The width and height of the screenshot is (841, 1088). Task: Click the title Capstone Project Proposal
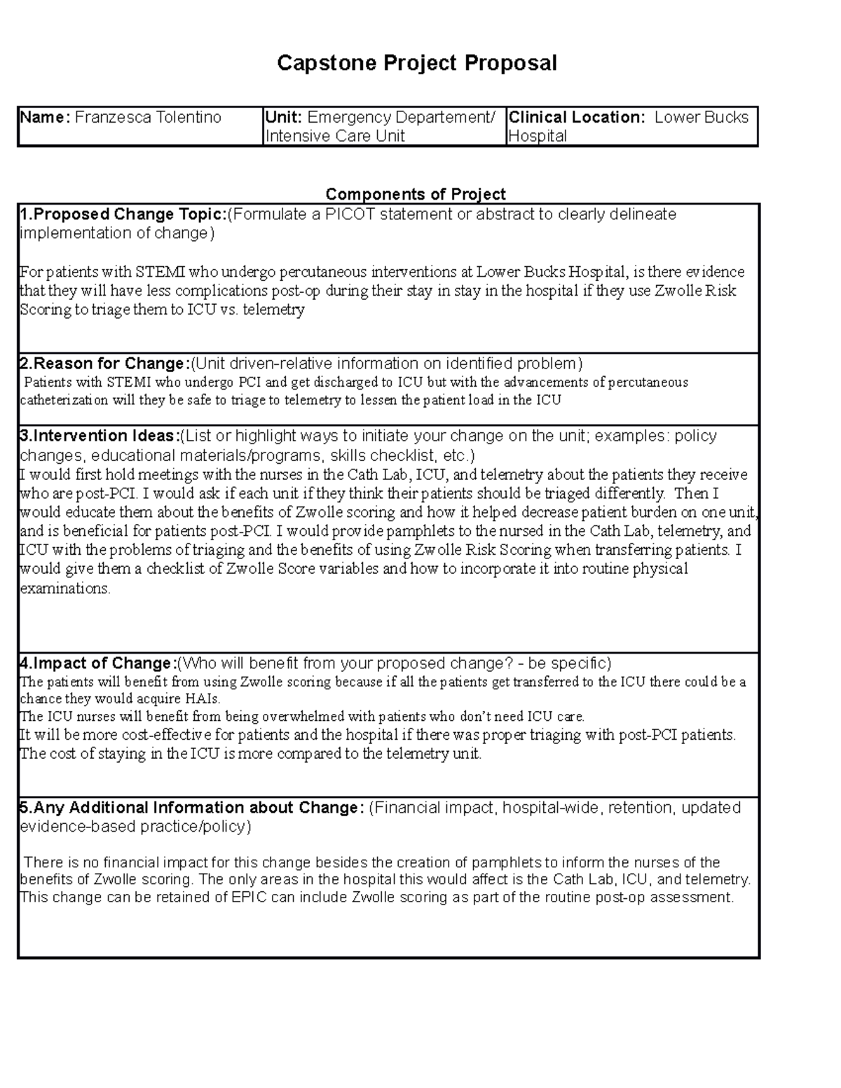(417, 63)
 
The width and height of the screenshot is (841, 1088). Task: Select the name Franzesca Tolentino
(148, 117)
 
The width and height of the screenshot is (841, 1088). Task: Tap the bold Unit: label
(284, 117)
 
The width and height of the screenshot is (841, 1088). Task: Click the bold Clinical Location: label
(577, 117)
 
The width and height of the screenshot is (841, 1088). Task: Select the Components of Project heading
(416, 194)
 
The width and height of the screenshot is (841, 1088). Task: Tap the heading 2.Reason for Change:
(105, 364)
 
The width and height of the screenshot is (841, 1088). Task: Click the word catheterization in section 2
(64, 401)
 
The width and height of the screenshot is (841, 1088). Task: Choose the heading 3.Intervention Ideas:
(100, 436)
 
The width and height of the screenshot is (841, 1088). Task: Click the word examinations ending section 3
(64, 588)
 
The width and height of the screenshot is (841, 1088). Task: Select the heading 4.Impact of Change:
(98, 663)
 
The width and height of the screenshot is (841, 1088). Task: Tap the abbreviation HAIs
(203, 699)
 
